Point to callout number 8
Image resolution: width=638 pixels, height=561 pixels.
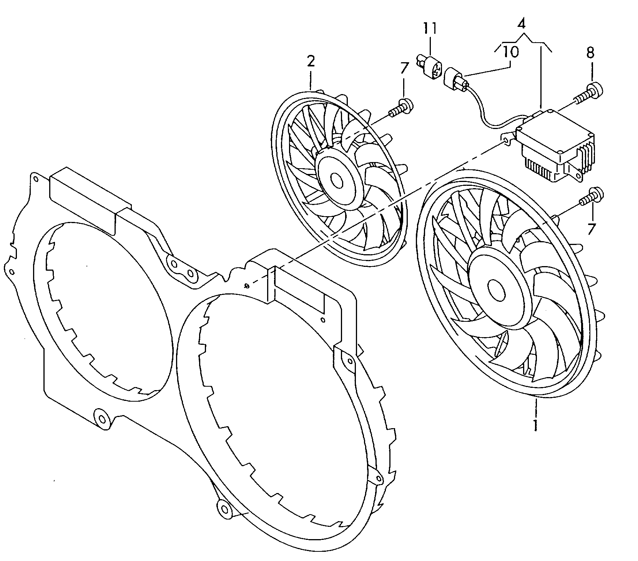click(591, 53)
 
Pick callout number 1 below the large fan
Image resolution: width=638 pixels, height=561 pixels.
click(535, 425)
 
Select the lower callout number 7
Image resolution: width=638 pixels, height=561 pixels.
click(591, 229)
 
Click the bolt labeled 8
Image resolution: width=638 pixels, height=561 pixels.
click(590, 92)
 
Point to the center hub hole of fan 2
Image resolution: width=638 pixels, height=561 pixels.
click(337, 180)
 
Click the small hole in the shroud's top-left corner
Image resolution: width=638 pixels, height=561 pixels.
click(35, 179)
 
